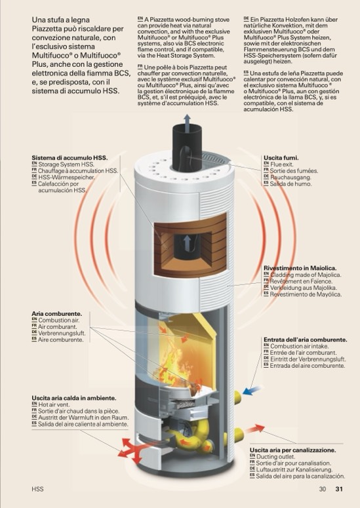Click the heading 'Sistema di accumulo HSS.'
(x=70, y=158)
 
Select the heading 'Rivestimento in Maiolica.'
(x=300, y=268)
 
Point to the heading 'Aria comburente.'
(x=56, y=313)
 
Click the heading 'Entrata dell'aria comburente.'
(x=305, y=340)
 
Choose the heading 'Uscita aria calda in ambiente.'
(x=74, y=398)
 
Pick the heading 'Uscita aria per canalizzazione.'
(x=292, y=450)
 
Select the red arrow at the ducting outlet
(x=254, y=429)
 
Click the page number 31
(x=339, y=489)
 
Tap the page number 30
(x=323, y=489)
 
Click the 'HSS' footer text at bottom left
(x=37, y=489)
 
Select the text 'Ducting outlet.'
(x=271, y=456)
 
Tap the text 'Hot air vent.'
(x=54, y=404)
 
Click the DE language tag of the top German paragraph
(x=247, y=19)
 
